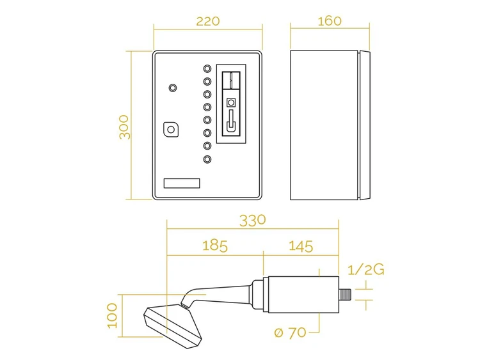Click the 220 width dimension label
[208, 21]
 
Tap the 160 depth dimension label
[330, 21]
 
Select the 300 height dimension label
[124, 127]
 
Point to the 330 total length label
[253, 221]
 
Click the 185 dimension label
[215, 246]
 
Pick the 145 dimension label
[301, 246]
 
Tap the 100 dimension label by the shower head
[113, 316]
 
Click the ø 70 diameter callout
[290, 333]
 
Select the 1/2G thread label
[366, 270]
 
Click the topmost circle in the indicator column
[207, 68]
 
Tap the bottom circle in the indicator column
[207, 159]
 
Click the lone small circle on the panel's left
[173, 88]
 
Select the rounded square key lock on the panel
[171, 130]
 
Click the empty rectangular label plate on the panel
[182, 184]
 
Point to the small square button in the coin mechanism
[231, 102]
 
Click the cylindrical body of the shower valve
[303, 295]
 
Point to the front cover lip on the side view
[364, 125]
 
